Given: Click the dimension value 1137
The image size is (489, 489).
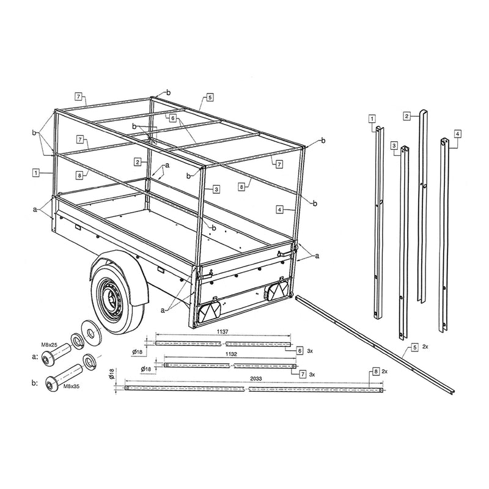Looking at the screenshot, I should tap(222, 331).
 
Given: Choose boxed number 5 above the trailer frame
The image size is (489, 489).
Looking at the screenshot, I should tap(210, 97).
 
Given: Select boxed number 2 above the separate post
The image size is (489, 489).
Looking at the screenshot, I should tap(406, 115).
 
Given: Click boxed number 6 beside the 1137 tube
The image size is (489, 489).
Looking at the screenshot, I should tap(300, 351).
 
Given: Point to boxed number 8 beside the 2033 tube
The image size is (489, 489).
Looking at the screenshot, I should tap(375, 372).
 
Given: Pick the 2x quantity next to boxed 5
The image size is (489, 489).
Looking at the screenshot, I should tap(425, 347).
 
